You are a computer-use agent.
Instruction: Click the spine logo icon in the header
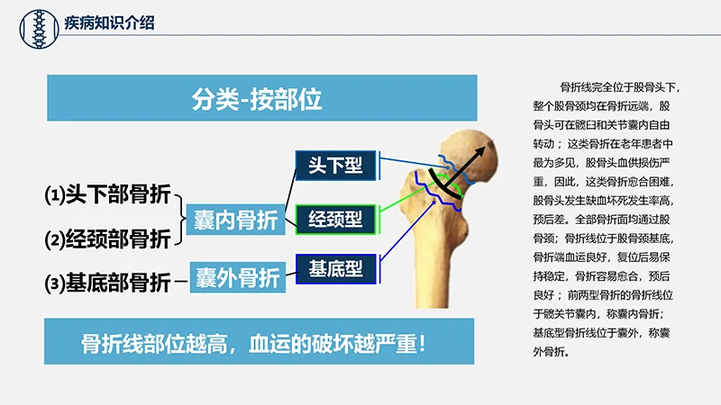point(35,22)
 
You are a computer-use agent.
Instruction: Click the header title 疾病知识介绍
point(109,22)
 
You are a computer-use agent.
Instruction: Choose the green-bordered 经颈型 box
point(334,218)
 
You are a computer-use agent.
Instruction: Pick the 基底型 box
point(334,267)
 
